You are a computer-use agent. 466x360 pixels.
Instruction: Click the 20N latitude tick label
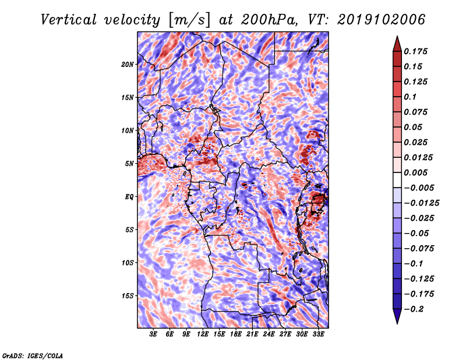[x=128, y=64]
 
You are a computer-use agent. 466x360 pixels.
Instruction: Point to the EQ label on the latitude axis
[x=129, y=197]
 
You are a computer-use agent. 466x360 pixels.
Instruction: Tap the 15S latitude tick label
[x=128, y=296]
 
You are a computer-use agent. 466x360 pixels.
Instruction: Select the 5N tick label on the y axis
[x=129, y=164]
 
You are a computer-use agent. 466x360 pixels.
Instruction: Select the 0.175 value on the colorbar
[x=417, y=51]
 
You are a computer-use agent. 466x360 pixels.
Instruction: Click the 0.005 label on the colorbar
[x=417, y=172]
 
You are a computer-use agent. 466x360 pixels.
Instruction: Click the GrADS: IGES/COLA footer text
[x=33, y=354]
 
